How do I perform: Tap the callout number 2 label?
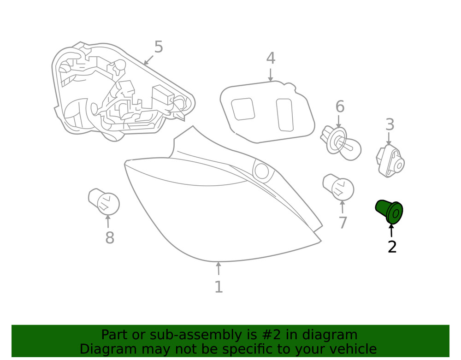click(x=392, y=247)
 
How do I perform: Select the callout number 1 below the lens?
click(x=219, y=287)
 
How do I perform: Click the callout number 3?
click(x=390, y=124)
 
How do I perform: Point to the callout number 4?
click(x=271, y=58)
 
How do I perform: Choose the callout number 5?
click(x=159, y=47)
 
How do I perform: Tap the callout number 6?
click(x=340, y=106)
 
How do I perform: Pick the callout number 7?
click(x=343, y=223)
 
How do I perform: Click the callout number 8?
click(x=110, y=237)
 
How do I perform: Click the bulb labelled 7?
click(x=338, y=188)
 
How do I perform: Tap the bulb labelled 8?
click(x=104, y=202)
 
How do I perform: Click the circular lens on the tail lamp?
click(x=262, y=171)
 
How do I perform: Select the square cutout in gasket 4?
click(x=243, y=109)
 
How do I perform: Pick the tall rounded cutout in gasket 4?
click(x=284, y=115)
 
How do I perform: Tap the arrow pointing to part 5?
click(x=148, y=60)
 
